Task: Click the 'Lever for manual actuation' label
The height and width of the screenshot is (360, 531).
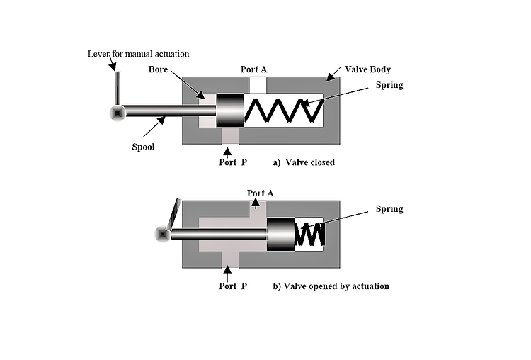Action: (138, 54)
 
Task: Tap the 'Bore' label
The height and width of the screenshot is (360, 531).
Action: (158, 69)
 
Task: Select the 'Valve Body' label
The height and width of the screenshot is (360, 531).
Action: (367, 69)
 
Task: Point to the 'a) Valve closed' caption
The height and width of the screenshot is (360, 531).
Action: (303, 162)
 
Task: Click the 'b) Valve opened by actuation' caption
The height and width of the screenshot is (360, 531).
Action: (331, 286)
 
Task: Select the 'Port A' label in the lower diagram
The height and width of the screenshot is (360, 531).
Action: (260, 193)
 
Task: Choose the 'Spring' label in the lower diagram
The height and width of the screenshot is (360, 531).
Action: (389, 209)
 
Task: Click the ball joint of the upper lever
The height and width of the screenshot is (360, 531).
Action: (117, 112)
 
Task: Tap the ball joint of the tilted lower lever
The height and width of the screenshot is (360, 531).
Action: (163, 234)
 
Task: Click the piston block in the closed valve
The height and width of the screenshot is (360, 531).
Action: (230, 111)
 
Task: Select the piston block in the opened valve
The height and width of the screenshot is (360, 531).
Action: (280, 233)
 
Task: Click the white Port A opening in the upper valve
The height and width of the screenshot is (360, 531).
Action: (258, 84)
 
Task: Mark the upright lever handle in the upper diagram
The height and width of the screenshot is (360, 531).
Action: (118, 87)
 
